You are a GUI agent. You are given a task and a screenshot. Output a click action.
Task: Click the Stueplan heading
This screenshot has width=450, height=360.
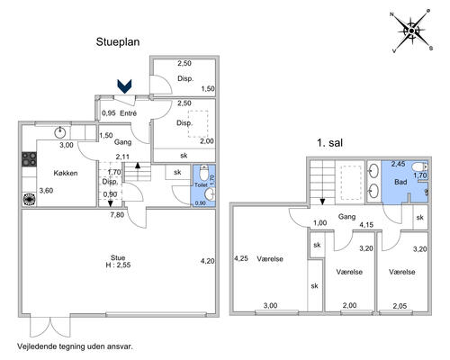118,41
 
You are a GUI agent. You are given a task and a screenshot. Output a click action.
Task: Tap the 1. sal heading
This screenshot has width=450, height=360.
329,142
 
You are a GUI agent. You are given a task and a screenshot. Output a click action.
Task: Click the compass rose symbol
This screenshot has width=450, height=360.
412,31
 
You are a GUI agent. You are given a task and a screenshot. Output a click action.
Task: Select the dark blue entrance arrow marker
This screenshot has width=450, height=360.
124,86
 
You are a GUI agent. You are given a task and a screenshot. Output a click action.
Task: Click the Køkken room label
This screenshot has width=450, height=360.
66,173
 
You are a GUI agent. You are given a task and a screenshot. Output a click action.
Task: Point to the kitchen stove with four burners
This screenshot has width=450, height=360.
30,159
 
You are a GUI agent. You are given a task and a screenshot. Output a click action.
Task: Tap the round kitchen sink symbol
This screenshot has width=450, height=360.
60,132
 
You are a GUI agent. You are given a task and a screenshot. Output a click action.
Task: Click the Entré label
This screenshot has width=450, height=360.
128,113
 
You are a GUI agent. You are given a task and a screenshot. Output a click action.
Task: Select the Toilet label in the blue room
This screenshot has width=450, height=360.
201,184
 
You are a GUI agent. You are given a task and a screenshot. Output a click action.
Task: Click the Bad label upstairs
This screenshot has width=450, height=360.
400,182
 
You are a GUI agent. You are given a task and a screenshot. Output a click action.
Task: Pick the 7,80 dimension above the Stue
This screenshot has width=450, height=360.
117,215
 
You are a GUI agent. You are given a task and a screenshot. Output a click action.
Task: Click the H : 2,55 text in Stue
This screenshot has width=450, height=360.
118,265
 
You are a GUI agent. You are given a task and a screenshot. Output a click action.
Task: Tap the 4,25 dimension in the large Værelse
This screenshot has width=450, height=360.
241,258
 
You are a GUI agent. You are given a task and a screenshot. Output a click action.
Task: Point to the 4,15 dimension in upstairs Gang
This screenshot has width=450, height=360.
366,224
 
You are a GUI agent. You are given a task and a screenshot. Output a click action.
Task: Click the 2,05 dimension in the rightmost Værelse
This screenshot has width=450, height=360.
400,306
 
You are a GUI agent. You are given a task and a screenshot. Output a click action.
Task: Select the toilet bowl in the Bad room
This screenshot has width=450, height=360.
419,166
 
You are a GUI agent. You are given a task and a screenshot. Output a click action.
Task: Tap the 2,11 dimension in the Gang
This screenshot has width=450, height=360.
123,157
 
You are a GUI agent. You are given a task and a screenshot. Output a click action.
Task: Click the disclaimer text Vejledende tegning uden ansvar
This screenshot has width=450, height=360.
75,346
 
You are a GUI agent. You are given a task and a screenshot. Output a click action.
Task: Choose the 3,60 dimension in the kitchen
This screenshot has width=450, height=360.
46,191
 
